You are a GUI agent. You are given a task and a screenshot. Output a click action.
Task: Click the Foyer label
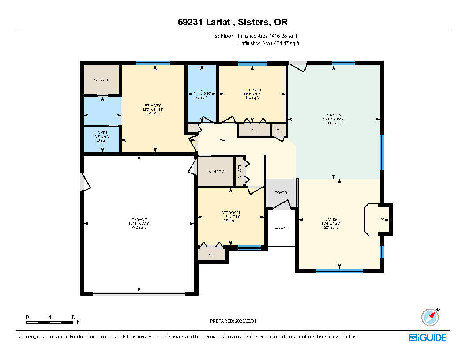[x=281, y=193]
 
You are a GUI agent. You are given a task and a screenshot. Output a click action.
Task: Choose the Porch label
[x=281, y=228]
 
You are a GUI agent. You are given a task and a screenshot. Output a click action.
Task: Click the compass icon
[x=430, y=317]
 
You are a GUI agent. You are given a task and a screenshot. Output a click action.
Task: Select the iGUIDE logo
[x=428, y=337]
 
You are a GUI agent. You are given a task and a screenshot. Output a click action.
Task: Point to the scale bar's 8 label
[x=73, y=317]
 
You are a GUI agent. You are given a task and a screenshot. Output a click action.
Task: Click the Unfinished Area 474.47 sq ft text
[x=269, y=43]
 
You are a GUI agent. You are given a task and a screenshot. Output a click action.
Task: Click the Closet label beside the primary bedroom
[x=101, y=80]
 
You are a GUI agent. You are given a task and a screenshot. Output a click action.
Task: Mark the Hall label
[x=222, y=140]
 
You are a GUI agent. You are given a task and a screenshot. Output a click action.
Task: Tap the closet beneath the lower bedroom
[x=211, y=254]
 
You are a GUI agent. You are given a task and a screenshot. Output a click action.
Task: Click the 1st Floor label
[x=222, y=36]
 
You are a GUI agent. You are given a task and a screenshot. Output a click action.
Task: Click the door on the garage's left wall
[x=84, y=182]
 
